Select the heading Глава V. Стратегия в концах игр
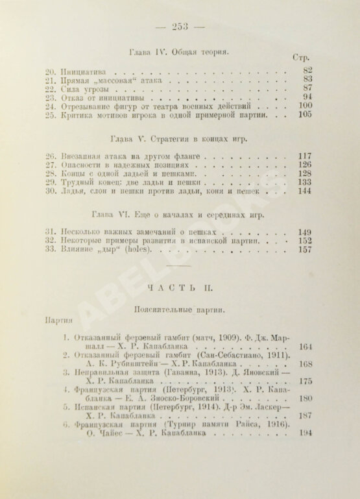179,140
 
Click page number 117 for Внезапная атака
304,156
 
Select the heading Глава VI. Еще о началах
179,213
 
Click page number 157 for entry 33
304,250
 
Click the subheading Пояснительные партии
179,311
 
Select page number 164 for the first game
306,347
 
